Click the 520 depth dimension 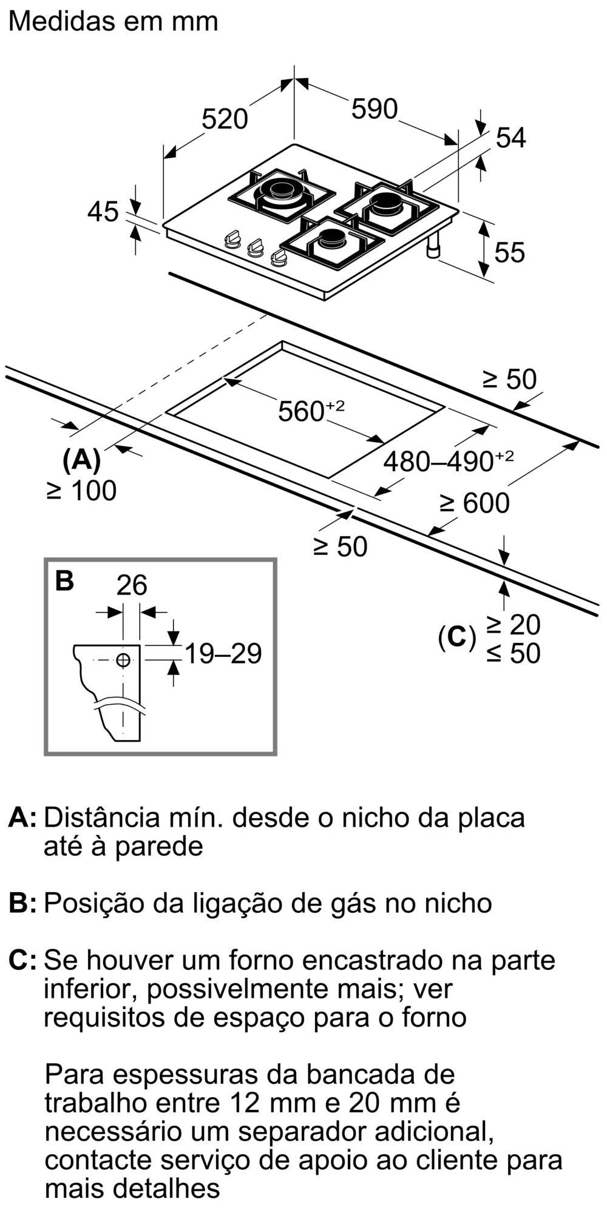[225, 119]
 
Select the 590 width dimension [375, 109]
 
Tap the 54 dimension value [510, 138]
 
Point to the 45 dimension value [103, 212]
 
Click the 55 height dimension [509, 252]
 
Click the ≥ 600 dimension [475, 503]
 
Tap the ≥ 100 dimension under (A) [81, 491]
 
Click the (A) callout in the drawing [81, 459]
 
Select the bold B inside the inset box [64, 581]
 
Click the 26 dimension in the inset [132, 585]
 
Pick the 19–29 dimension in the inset [223, 654]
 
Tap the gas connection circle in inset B [123, 660]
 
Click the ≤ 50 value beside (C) [513, 653]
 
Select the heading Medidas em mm [114, 22]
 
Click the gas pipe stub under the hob [434, 247]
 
